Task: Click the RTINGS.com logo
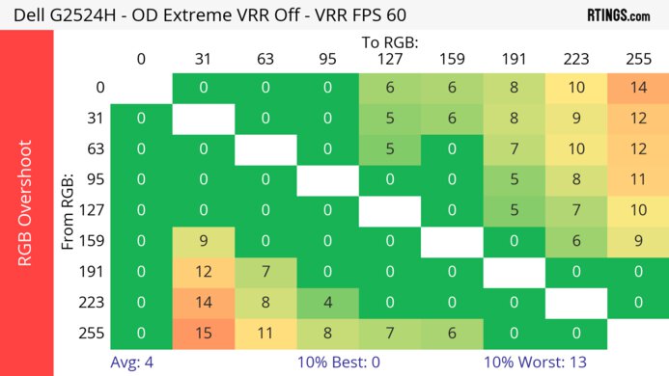tap(618, 14)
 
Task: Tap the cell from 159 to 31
tap(204, 241)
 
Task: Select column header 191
tap(514, 59)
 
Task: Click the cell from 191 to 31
tap(204, 272)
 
